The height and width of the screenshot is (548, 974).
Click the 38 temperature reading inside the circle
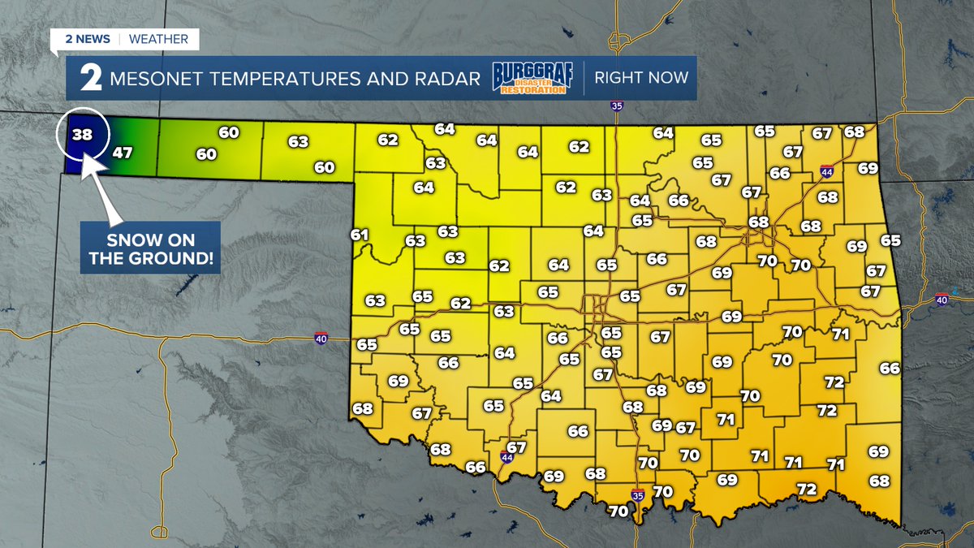click(82, 134)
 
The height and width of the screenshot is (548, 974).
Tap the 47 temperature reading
click(122, 152)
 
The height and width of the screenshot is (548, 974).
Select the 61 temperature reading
click(360, 235)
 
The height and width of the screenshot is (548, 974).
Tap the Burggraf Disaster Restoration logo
click(532, 78)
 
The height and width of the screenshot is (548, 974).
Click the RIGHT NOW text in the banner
click(641, 78)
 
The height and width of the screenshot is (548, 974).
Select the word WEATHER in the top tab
click(158, 39)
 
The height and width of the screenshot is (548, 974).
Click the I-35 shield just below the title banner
click(618, 106)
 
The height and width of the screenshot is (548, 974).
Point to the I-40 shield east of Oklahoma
click(941, 300)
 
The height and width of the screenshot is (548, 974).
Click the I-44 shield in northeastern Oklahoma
click(826, 171)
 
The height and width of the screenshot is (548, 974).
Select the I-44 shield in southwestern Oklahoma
click(506, 458)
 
